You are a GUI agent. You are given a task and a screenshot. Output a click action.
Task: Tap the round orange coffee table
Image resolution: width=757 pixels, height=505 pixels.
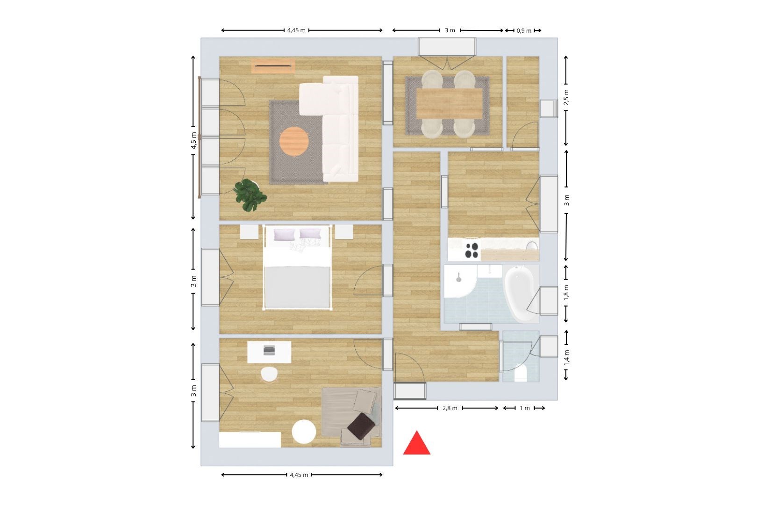tap(294, 141)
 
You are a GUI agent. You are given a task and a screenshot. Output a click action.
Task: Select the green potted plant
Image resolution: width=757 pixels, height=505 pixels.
tap(250, 195)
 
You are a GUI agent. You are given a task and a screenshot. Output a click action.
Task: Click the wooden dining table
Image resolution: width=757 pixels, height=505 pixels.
tap(450, 103)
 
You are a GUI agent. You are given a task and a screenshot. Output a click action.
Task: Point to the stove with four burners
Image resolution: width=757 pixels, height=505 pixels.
tap(472, 250)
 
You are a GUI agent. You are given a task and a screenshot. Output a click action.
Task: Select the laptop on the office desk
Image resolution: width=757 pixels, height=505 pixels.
tap(269, 350)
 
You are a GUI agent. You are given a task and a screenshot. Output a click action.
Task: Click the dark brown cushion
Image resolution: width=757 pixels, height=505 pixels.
tap(361, 426)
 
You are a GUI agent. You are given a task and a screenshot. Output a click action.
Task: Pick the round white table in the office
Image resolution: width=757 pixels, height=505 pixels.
tap(304, 432)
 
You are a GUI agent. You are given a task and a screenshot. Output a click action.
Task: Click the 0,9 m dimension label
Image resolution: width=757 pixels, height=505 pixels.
tap(524, 31)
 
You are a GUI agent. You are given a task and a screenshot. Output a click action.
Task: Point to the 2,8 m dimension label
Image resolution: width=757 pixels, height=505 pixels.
tap(450, 408)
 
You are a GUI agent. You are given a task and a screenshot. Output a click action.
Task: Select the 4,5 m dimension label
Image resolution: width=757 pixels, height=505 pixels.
tap(193, 140)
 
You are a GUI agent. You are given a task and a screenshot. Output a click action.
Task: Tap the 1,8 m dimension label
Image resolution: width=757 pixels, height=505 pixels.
tap(566, 293)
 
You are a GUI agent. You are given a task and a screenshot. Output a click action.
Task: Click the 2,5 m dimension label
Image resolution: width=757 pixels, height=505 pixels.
tap(566, 97)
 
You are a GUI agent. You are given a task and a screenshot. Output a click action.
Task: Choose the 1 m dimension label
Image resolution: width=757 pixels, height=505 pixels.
tap(525, 408)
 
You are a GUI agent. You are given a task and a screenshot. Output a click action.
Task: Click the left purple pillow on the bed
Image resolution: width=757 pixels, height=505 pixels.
tap(284, 234)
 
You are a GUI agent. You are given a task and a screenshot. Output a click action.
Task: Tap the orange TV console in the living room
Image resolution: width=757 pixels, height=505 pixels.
tap(273, 66)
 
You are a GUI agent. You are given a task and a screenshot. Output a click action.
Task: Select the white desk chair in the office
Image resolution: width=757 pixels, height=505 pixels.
tap(269, 375)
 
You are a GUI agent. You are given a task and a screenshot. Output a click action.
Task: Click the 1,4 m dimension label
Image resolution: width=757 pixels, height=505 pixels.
tap(566, 358)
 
